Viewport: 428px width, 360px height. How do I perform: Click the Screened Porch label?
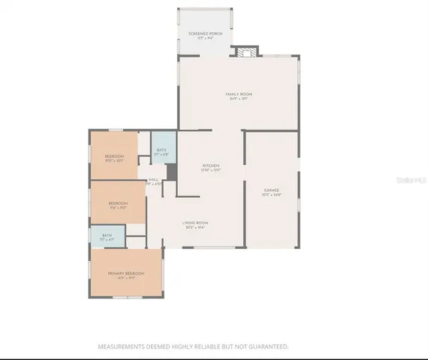tap(205, 34)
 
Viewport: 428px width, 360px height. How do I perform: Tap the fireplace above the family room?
tap(246, 52)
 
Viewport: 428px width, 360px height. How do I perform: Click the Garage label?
tap(271, 190)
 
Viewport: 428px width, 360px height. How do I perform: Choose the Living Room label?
tap(195, 223)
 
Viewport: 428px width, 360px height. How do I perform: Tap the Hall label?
tap(153, 179)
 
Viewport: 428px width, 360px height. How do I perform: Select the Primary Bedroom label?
tap(125, 274)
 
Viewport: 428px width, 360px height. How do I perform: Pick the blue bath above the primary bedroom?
tap(107, 235)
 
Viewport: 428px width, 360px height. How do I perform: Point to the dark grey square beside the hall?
tap(171, 172)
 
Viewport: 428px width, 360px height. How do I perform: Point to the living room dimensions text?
tap(195, 227)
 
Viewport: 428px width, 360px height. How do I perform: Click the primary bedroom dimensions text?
tap(125, 278)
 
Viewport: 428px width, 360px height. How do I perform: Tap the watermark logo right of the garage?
tap(412, 180)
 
